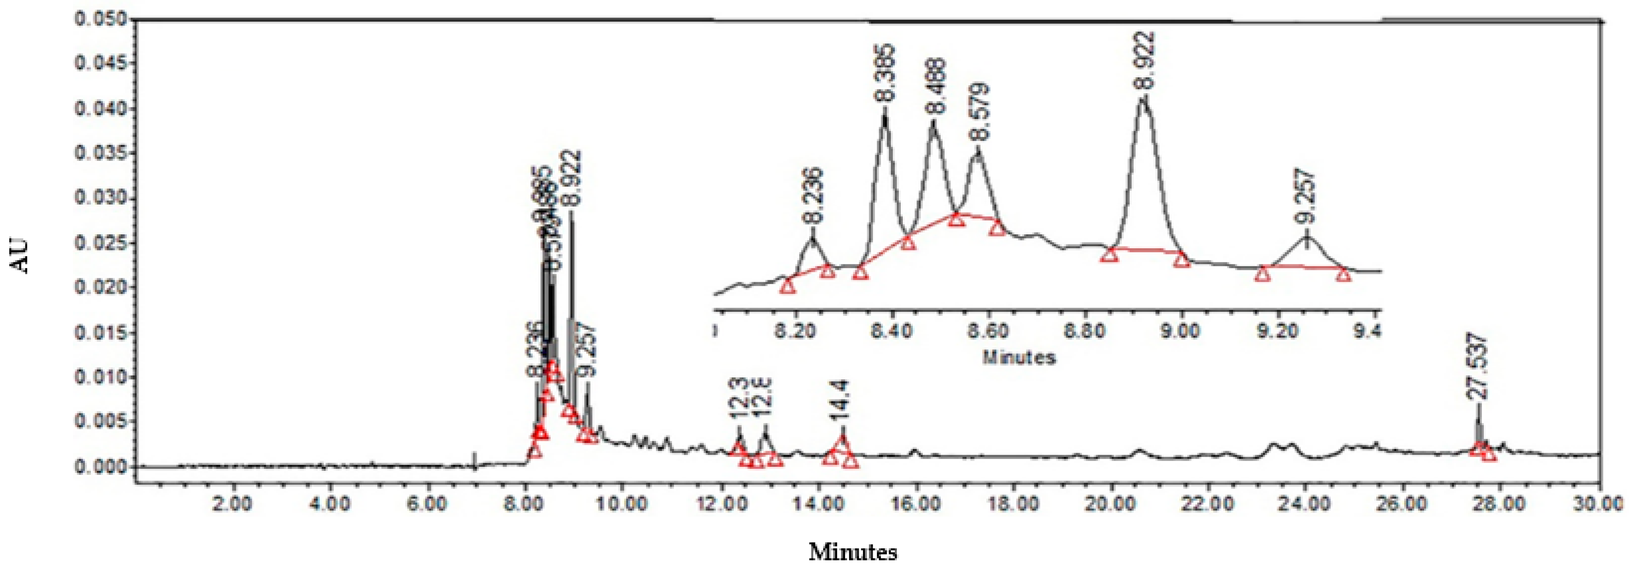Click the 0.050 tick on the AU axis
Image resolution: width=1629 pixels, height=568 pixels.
(101, 19)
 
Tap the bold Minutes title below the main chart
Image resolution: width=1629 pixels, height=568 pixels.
(853, 552)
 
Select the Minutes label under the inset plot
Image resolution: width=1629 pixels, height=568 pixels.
(1019, 358)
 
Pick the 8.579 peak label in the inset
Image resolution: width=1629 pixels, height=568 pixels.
(980, 112)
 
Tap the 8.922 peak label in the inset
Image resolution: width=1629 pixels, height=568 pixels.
(1145, 61)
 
